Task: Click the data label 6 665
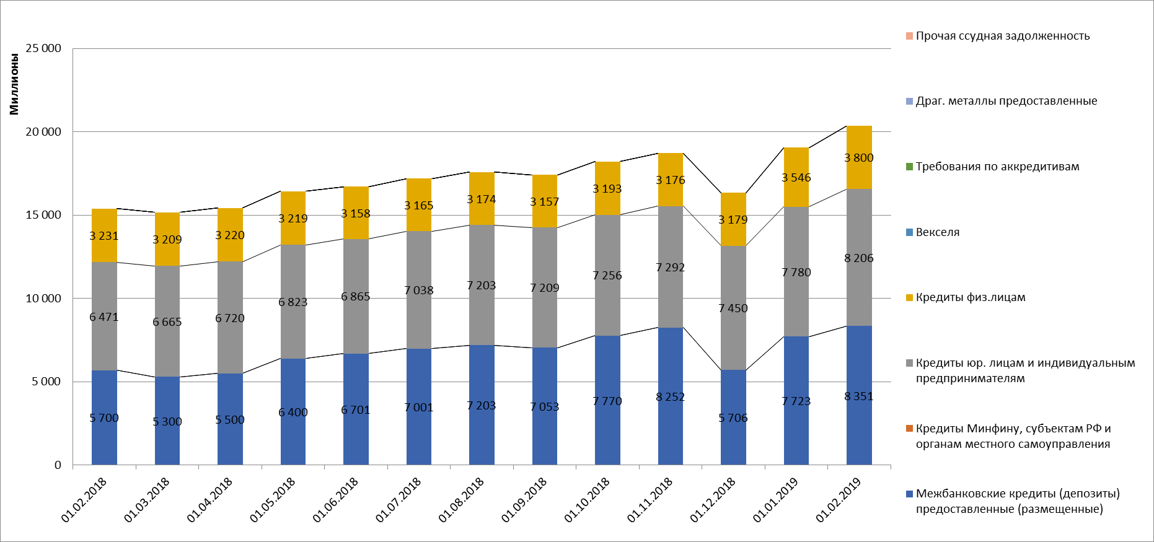pos(167,322)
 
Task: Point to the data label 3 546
pos(796,178)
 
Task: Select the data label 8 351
pos(859,396)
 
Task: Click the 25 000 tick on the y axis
pos(43,48)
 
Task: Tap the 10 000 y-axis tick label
pos(43,299)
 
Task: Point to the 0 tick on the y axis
pos(58,465)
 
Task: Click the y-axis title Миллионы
pos(14,84)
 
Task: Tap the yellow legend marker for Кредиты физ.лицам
pos(909,298)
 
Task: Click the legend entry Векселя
pos(937,232)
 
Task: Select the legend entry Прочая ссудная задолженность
pos(1002,36)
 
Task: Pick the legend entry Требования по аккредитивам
pos(997,167)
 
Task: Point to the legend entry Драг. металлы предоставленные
pos(1006,101)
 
